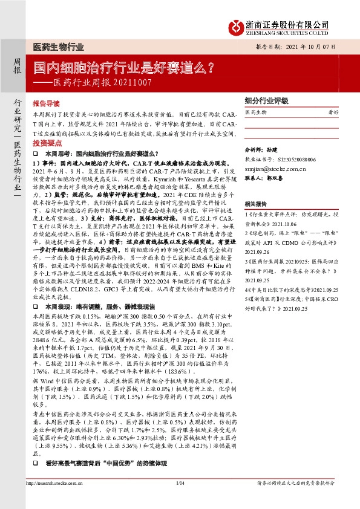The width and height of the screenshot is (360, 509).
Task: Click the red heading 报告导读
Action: coord(45,103)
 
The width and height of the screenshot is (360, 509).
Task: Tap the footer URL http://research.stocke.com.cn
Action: coord(57,501)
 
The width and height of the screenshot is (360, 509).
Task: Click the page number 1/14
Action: coord(180,501)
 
